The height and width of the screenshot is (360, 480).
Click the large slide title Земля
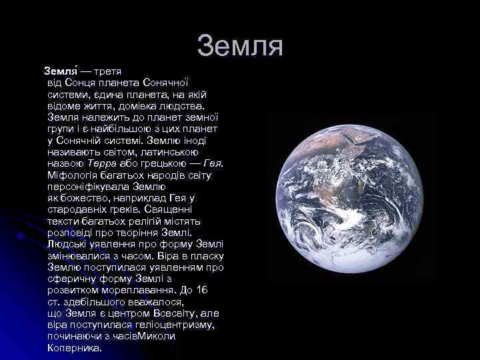tap(240, 46)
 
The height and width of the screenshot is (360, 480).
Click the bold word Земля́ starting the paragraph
tap(61, 69)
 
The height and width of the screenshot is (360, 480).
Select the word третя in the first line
tap(107, 69)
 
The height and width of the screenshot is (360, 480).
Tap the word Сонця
tap(79, 82)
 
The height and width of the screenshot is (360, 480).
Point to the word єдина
tap(97, 94)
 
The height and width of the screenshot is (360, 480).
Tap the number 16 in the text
tap(203, 291)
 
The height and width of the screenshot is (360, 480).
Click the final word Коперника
tap(75, 348)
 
